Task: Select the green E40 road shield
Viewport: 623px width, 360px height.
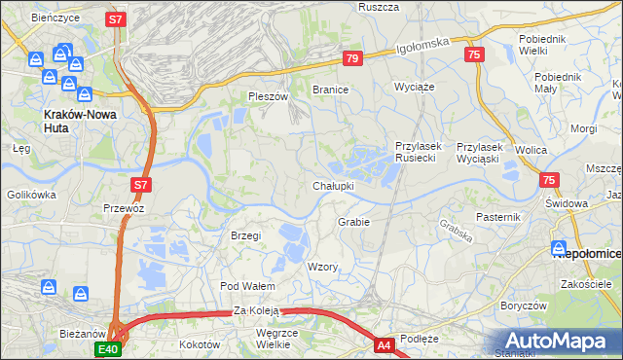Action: pyautogui.click(x=107, y=349)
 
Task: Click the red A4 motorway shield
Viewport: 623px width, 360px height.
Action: pyautogui.click(x=385, y=344)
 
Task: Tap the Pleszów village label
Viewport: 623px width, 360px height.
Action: pyautogui.click(x=269, y=97)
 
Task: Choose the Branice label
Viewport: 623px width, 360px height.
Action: pyautogui.click(x=330, y=90)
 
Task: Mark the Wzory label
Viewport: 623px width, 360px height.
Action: pyautogui.click(x=322, y=267)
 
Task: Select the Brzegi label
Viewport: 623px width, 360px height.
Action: pyautogui.click(x=246, y=236)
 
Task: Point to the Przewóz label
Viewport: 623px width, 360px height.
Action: pyautogui.click(x=124, y=208)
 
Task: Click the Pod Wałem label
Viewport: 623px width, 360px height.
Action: pyautogui.click(x=248, y=286)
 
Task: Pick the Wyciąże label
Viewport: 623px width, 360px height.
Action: pyautogui.click(x=413, y=87)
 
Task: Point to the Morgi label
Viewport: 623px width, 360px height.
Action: pyautogui.click(x=584, y=128)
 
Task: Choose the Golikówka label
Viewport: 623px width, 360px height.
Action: pyautogui.click(x=32, y=195)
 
